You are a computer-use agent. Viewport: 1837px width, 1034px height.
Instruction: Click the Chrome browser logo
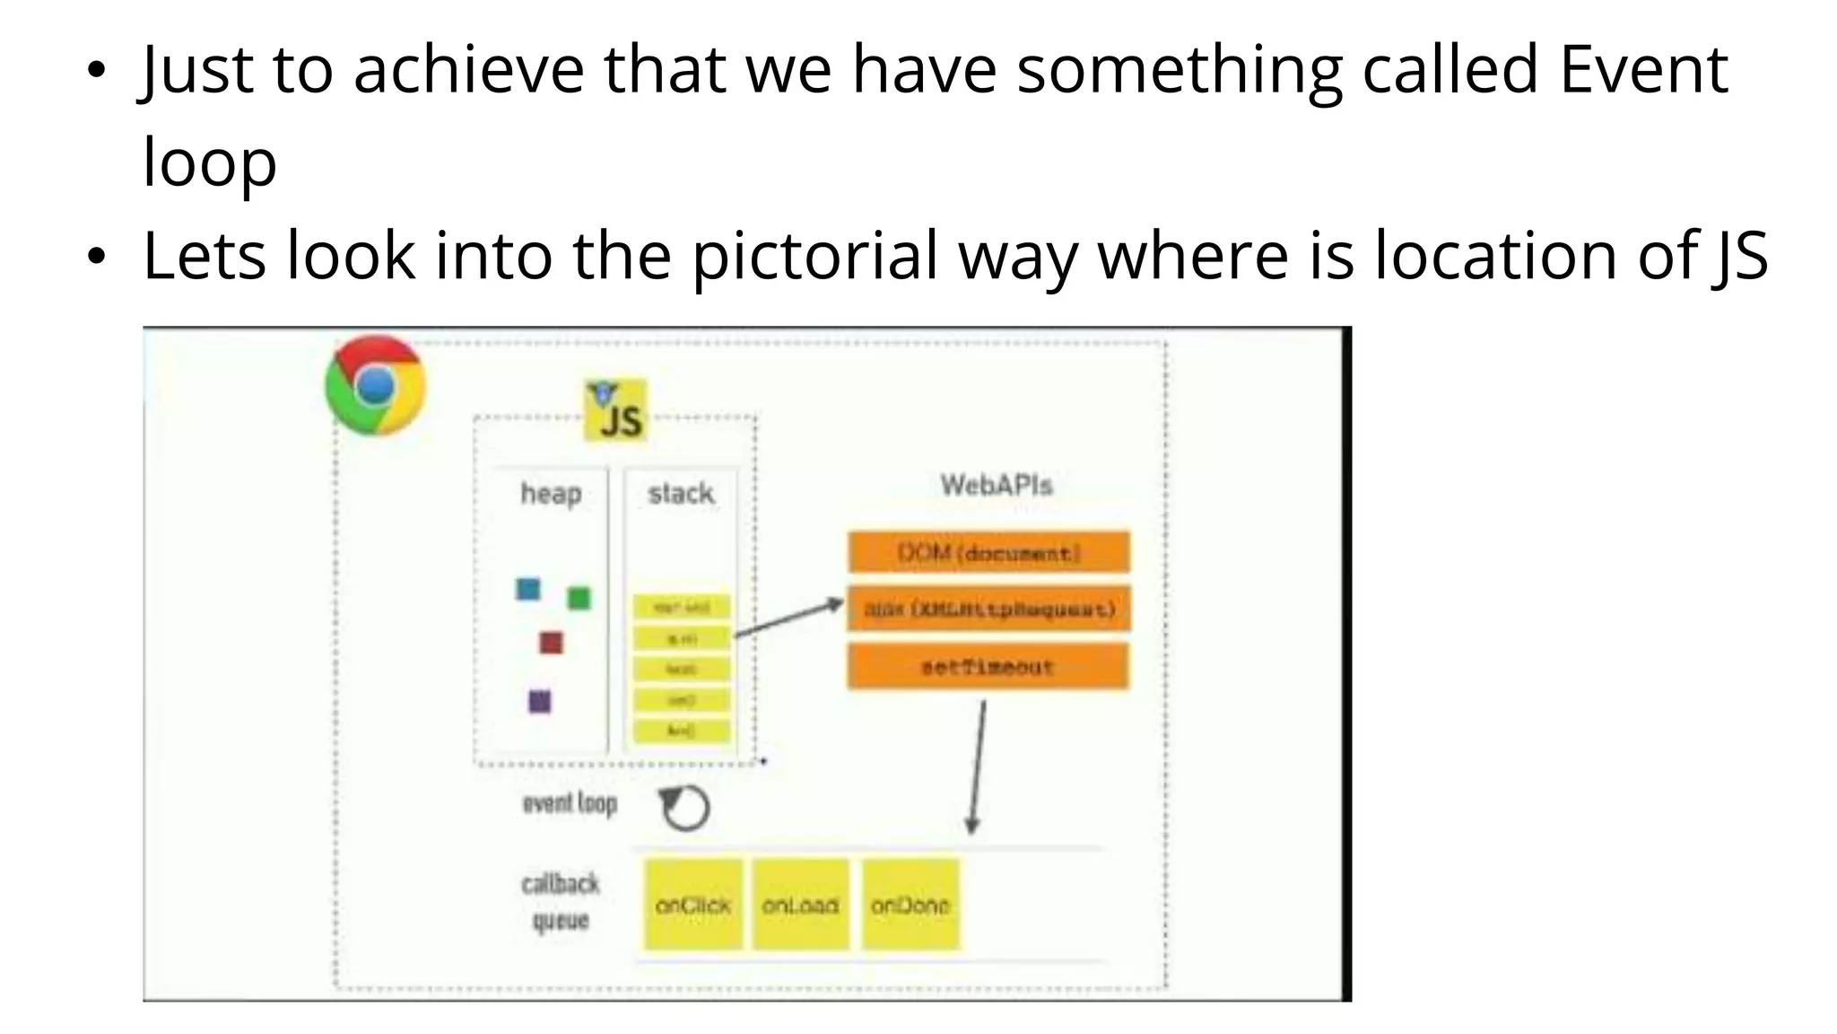point(376,385)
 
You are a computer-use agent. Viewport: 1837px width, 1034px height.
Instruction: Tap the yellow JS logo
point(615,410)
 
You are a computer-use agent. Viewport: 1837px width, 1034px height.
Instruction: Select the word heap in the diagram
point(551,494)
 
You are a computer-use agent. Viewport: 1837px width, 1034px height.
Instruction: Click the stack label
point(681,493)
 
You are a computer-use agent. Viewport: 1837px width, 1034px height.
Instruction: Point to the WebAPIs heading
point(996,486)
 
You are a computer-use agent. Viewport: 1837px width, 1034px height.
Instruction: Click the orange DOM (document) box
point(988,552)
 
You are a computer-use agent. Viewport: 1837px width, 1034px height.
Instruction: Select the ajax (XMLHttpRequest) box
point(988,609)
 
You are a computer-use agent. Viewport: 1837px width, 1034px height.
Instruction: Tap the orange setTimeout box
point(988,667)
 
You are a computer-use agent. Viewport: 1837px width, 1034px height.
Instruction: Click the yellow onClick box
point(692,905)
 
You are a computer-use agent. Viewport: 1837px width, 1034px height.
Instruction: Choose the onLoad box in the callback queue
point(800,905)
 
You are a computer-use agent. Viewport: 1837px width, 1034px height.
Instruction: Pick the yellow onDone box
point(910,905)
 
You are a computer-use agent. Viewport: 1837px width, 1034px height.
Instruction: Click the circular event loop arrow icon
point(684,808)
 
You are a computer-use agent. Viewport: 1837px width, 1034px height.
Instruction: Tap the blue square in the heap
point(528,589)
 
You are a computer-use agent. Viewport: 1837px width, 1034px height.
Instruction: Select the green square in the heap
point(579,598)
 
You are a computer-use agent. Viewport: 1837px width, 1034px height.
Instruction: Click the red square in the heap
point(551,643)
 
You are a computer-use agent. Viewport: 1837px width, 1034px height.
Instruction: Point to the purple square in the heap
point(539,701)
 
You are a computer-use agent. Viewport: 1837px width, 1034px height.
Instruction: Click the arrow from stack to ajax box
point(788,618)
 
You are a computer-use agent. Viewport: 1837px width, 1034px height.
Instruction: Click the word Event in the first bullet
point(1643,70)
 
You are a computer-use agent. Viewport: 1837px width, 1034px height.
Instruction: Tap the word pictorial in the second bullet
point(814,257)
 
